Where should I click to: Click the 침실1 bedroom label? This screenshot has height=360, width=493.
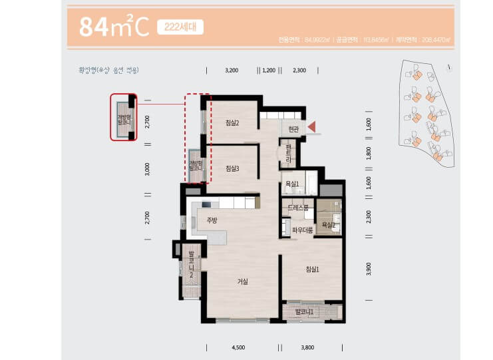coord(312,269)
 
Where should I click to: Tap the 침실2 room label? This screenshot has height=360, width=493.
coord(232,122)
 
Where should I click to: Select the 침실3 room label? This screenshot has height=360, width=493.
coord(232,168)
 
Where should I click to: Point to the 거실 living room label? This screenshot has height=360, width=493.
coord(242,281)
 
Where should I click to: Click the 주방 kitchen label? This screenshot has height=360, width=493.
coord(212,220)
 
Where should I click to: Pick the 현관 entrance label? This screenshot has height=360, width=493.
coord(293,128)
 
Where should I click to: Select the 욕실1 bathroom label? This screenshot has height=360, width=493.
coord(291,183)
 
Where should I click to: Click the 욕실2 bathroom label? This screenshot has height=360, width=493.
coord(328,225)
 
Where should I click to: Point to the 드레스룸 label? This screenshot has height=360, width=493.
coord(298,208)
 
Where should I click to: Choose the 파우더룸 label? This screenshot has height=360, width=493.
coord(302,230)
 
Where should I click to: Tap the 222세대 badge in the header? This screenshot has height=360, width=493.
coord(180,27)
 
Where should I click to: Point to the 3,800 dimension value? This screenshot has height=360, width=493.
coord(307,347)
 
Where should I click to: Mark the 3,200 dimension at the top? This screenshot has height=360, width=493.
coord(232,69)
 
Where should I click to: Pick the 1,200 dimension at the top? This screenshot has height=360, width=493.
coord(269,69)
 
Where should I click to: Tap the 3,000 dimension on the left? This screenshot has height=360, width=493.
coord(148,168)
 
